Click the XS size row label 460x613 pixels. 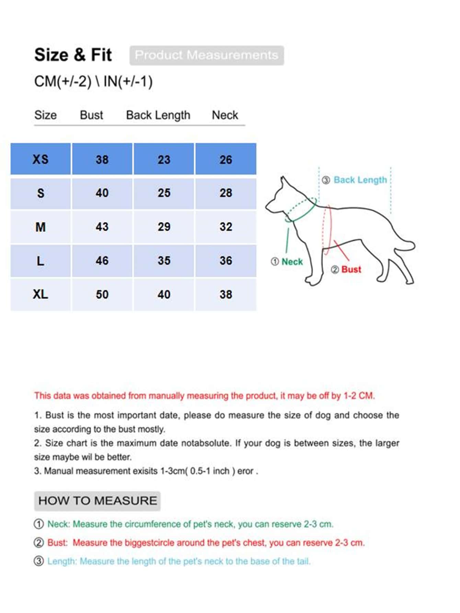(41, 159)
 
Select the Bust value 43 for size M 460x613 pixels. (102, 227)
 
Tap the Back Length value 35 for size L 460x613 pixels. (164, 261)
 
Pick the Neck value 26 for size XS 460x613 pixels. (226, 159)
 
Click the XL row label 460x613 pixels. (41, 294)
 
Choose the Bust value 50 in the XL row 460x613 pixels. (102, 294)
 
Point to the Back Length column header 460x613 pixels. (158, 115)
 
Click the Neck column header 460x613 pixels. (225, 115)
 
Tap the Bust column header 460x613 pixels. (91, 115)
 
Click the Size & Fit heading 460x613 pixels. (73, 55)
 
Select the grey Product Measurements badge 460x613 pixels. (207, 55)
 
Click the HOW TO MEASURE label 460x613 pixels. (97, 501)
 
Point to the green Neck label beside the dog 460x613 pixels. (292, 262)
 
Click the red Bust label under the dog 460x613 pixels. (351, 270)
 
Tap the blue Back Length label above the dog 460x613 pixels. (360, 180)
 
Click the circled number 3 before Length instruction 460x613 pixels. (39, 561)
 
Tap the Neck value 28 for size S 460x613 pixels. (226, 193)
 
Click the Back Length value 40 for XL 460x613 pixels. (164, 294)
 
